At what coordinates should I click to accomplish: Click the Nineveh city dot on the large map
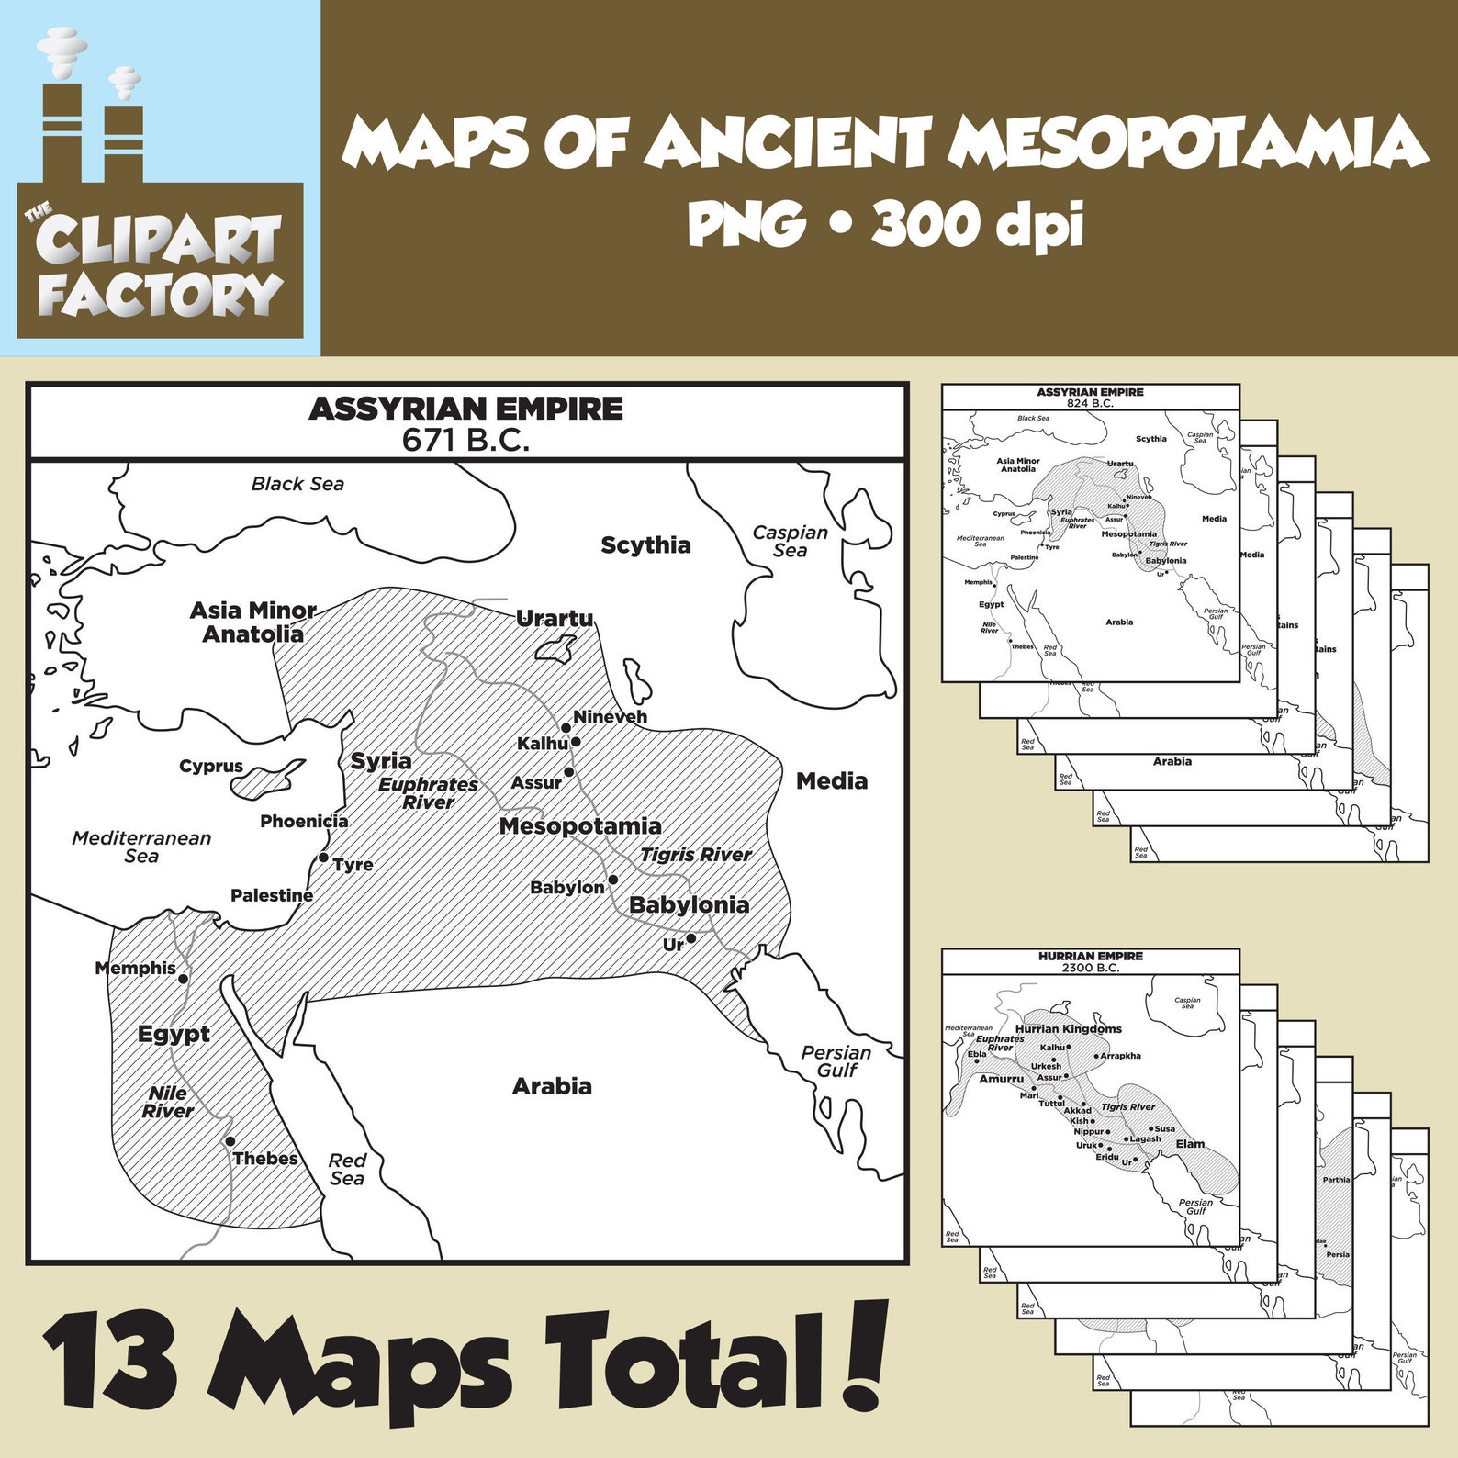(x=566, y=728)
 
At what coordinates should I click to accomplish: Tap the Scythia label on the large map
(x=645, y=545)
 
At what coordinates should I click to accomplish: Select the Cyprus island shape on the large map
(x=265, y=779)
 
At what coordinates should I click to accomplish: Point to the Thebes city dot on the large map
(x=230, y=1142)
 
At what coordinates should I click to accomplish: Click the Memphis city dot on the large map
(x=184, y=979)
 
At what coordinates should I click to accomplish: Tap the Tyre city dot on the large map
(x=323, y=858)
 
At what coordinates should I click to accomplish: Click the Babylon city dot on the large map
(x=613, y=880)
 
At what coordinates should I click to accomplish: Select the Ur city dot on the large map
(x=691, y=938)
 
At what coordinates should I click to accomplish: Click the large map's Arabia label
(x=552, y=1086)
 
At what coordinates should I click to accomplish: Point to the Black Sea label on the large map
(x=297, y=484)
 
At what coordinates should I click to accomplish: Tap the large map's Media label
(x=831, y=781)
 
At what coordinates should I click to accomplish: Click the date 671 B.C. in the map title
(x=465, y=441)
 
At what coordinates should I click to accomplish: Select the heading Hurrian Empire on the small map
(x=1091, y=956)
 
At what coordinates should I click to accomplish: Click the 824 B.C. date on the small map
(x=1090, y=403)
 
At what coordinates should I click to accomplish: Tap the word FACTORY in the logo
(x=161, y=295)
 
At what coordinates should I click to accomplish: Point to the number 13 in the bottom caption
(x=110, y=1363)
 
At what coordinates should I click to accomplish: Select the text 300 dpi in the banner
(x=977, y=224)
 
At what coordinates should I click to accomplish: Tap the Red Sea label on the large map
(x=347, y=1170)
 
